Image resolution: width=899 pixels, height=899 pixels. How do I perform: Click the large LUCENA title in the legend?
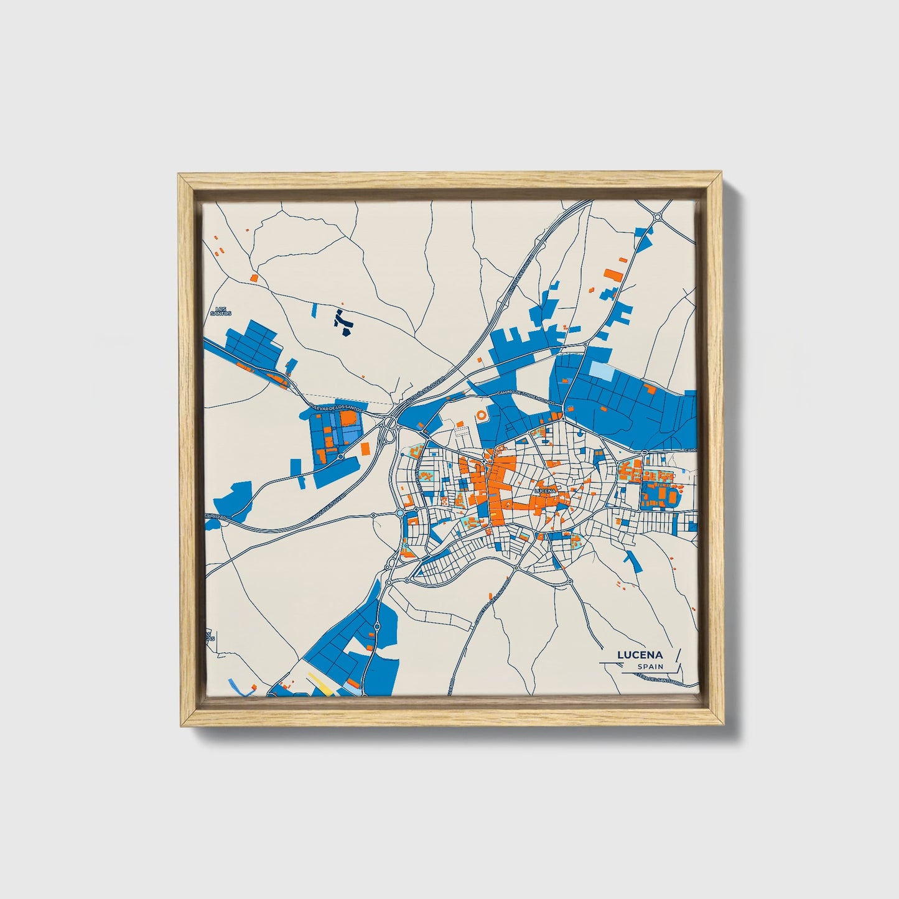tap(640, 655)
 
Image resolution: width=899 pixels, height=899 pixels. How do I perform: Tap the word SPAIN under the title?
tap(650, 667)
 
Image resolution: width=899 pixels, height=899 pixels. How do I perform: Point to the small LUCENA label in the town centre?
tap(544, 491)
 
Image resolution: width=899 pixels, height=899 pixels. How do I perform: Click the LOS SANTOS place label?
tap(220, 311)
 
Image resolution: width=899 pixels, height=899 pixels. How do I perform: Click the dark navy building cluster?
tap(342, 322)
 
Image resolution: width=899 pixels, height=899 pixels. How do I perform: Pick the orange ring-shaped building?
tap(482, 415)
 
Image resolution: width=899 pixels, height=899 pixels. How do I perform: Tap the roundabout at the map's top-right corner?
tap(658, 217)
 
